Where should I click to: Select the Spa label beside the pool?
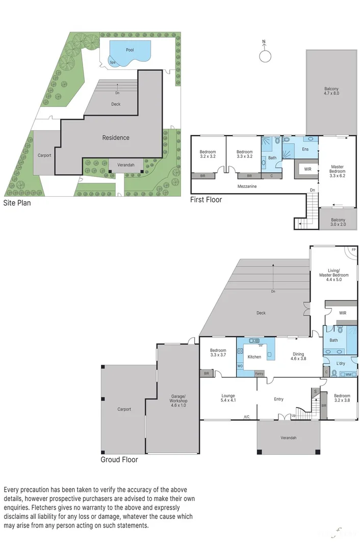tap(112, 62)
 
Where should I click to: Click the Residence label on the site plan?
tap(116, 137)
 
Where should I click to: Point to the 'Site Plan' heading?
tap(17, 202)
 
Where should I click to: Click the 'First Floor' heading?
tap(206, 200)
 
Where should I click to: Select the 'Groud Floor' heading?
tap(119, 459)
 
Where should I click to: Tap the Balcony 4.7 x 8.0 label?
tap(331, 91)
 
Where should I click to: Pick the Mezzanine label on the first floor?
tap(247, 186)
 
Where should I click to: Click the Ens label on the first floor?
tap(305, 149)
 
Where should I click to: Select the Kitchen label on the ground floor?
tap(254, 357)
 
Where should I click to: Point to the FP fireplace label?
tap(352, 250)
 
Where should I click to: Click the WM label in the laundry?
tap(348, 375)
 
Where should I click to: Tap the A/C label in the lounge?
tap(246, 417)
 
